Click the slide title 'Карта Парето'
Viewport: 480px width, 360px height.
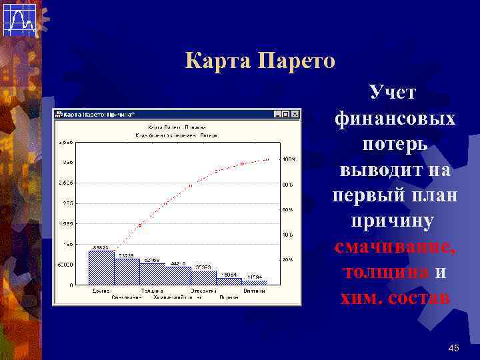tap(260, 62)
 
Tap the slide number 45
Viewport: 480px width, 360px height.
tap(454, 347)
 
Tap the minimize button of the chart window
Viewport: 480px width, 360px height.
tap(278, 114)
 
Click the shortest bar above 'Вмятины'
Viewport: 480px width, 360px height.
tap(254, 282)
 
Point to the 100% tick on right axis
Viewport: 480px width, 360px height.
tap(288, 159)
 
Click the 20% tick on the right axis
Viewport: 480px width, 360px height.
tap(287, 259)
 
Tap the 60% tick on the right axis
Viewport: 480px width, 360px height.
tap(287, 209)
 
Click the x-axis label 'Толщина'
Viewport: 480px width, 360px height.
tap(152, 291)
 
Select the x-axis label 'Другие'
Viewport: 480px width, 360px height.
tap(101, 291)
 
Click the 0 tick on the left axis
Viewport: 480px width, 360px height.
tap(71, 285)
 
